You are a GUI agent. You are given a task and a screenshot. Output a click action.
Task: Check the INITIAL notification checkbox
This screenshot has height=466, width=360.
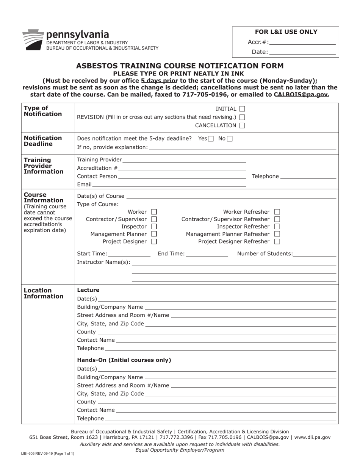tap(242, 109)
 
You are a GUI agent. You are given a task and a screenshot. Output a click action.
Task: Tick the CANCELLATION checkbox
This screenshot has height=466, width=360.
tap(242, 125)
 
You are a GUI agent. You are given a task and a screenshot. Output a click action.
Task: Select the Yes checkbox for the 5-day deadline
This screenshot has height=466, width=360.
tap(211, 139)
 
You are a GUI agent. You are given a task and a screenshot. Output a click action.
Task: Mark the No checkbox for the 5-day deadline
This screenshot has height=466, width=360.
tap(230, 139)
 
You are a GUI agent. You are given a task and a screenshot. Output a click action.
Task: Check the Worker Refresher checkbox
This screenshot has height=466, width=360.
tap(277, 212)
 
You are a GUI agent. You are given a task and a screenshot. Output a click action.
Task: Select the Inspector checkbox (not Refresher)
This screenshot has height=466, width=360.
tap(154, 227)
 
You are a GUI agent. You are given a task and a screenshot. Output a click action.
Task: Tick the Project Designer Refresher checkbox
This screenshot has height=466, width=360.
tap(277, 241)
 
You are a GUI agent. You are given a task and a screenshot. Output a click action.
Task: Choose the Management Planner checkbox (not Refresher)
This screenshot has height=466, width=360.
tap(154, 234)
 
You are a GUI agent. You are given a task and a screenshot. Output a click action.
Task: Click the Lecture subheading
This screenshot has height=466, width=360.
tap(88, 290)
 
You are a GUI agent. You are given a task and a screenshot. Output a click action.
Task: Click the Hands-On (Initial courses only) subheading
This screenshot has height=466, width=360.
tap(124, 360)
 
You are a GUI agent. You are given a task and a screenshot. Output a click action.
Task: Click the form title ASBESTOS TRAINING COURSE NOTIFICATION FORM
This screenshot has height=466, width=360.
tap(180, 66)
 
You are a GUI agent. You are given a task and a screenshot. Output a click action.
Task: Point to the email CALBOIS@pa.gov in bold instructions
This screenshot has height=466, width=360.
tap(301, 94)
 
